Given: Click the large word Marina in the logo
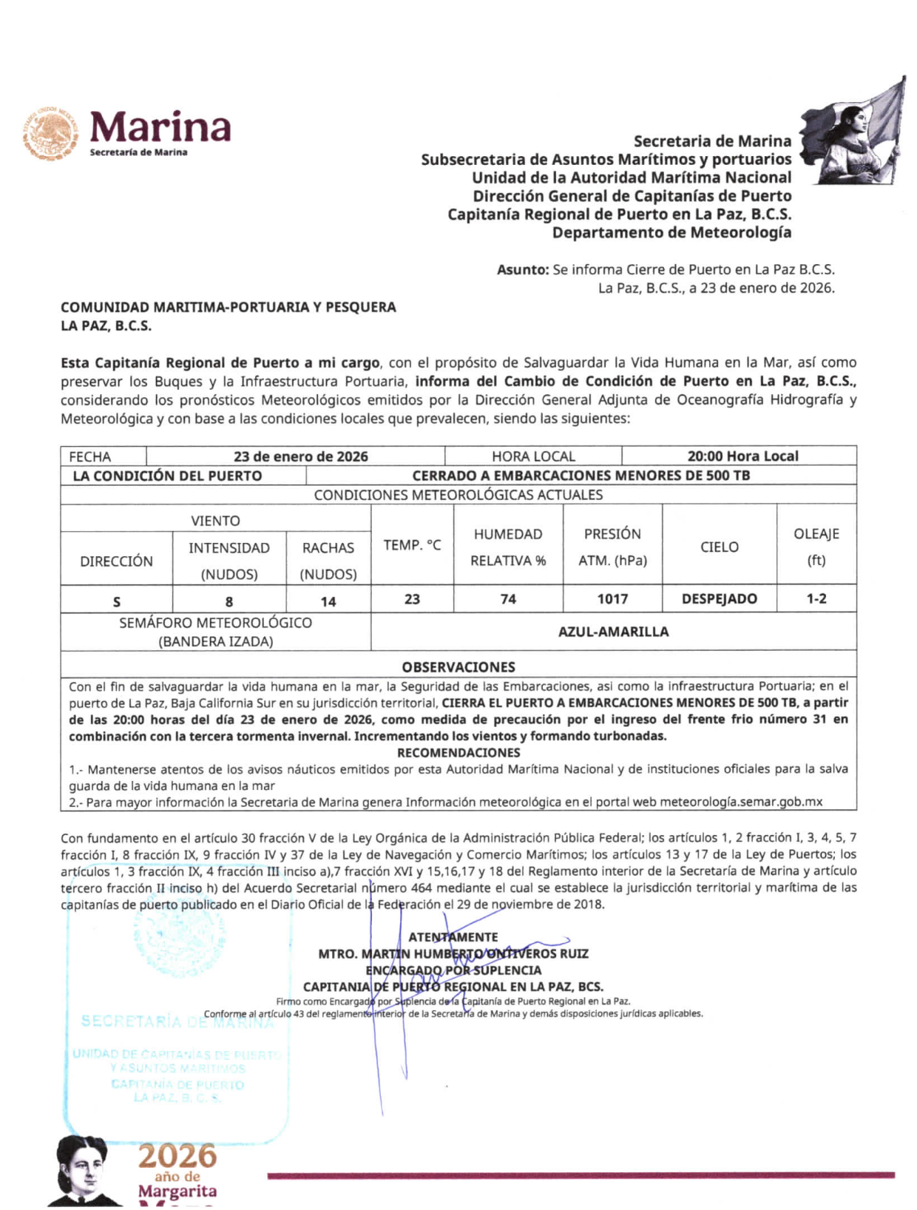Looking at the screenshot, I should [x=160, y=127].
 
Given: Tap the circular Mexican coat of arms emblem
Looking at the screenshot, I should [x=50, y=134].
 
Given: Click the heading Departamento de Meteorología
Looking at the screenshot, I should [x=671, y=233].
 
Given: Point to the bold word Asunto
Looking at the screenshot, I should [x=522, y=270].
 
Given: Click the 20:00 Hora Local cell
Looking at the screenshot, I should [x=742, y=456].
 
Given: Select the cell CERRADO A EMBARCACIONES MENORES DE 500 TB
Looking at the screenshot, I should [x=581, y=476].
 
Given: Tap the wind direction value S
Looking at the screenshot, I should [x=116, y=601].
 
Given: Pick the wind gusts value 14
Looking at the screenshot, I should [x=328, y=601].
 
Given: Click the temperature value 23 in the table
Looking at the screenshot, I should [x=412, y=599].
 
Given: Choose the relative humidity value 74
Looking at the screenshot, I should [x=508, y=599].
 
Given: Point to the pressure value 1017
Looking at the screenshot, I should [x=612, y=599].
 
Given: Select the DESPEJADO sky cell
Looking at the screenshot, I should [x=719, y=599].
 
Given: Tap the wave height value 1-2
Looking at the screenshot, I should [x=816, y=599].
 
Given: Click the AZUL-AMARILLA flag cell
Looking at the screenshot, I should [x=613, y=632].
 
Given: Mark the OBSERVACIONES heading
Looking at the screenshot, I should [x=458, y=666].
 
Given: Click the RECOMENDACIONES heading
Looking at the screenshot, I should [x=458, y=753].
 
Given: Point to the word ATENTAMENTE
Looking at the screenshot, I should [x=453, y=937].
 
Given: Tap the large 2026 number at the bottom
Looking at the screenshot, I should [x=177, y=1156].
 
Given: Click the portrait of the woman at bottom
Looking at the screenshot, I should [x=80, y=1171].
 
